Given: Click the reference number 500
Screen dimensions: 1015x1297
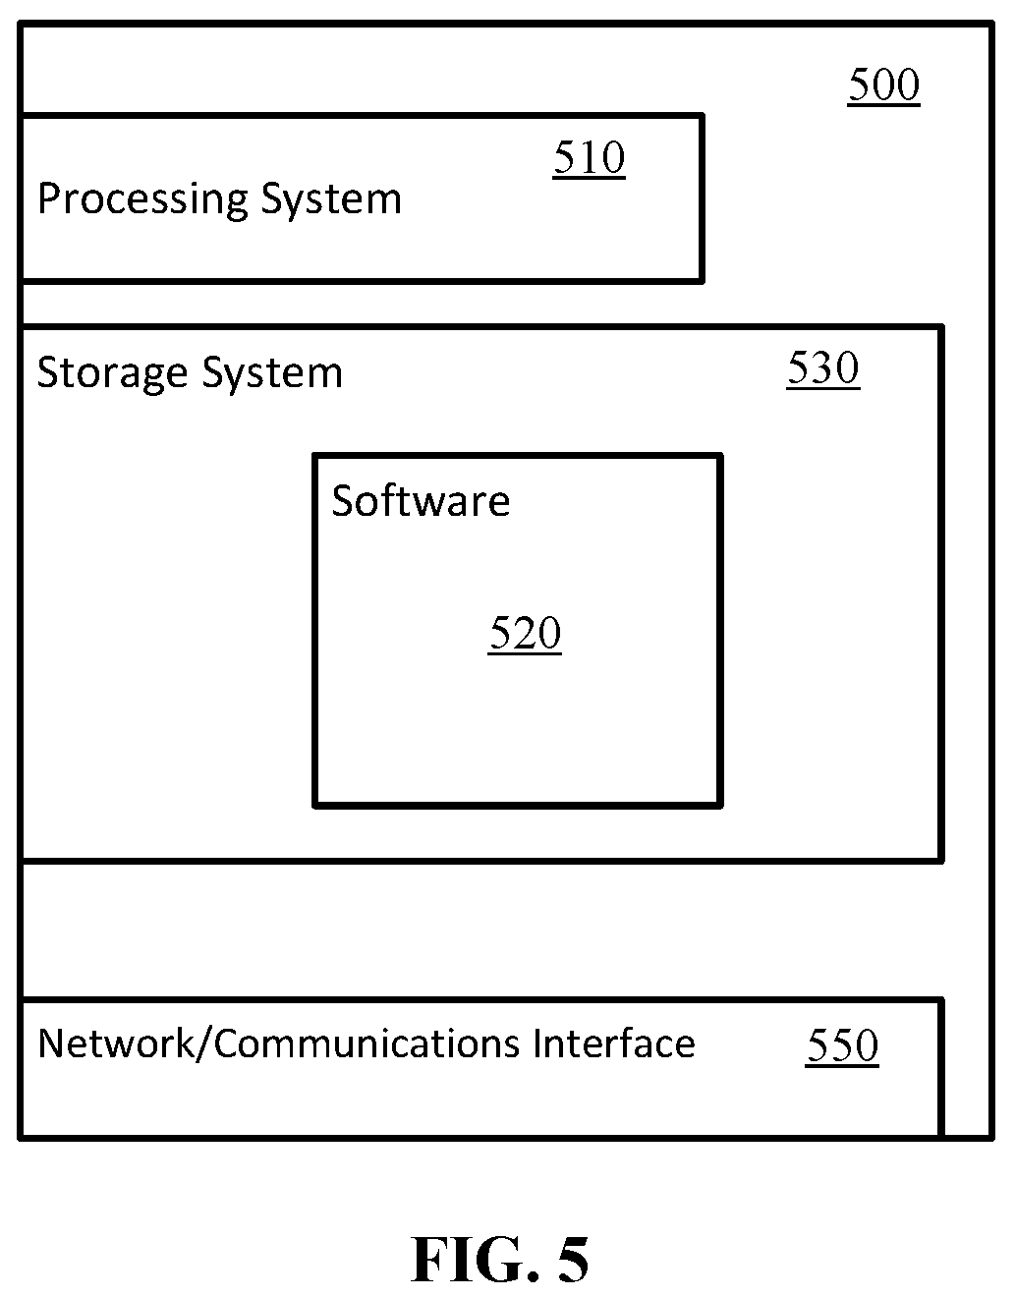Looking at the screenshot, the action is pos(883,85).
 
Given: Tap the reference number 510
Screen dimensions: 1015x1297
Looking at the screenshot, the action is pos(590,158).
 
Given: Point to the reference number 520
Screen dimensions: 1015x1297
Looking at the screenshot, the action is pos(525,634).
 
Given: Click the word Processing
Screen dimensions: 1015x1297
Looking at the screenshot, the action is pos(142,200).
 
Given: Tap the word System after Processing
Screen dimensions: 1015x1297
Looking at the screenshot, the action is pos(332,200).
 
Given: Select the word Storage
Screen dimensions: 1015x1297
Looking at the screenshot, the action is pos(113,373).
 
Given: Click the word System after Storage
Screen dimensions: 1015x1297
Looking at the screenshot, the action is pos(273,373).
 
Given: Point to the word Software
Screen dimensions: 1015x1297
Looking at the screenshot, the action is pos(422,501).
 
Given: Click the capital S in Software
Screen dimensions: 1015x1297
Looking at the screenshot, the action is pos(343,501).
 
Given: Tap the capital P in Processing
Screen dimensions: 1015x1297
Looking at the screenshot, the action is pos(49,198).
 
